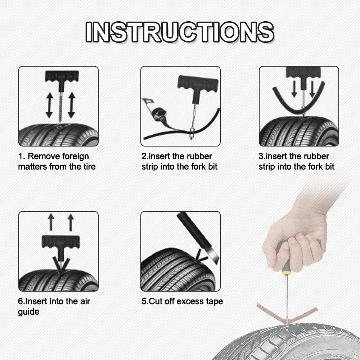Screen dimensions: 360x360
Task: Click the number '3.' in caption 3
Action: tap(262, 156)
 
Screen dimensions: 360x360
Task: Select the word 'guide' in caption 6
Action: tap(28, 311)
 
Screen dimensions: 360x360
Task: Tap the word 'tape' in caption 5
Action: tap(215, 301)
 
